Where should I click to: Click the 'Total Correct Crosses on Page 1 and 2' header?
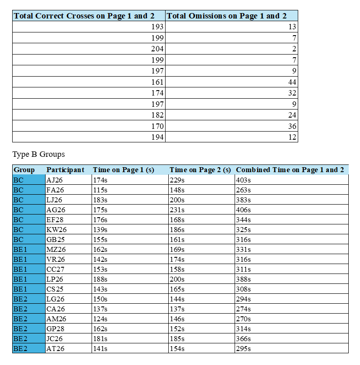[84, 16]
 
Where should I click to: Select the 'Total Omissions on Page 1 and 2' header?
[226, 16]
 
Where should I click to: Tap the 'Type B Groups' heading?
[38, 155]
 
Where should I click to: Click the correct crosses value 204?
[157, 49]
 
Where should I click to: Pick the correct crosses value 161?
[157, 82]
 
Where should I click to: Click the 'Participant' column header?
[65, 170]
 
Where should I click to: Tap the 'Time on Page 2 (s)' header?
[200, 170]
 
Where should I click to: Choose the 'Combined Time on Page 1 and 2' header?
[290, 170]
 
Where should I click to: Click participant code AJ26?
[55, 180]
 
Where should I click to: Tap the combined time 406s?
[243, 210]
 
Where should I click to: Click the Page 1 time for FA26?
[100, 190]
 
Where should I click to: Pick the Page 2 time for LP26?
[177, 279]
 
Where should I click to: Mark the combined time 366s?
[243, 339]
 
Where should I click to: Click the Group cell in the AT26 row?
[20, 349]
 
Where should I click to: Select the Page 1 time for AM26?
[100, 319]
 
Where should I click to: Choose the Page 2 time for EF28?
[177, 220]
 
